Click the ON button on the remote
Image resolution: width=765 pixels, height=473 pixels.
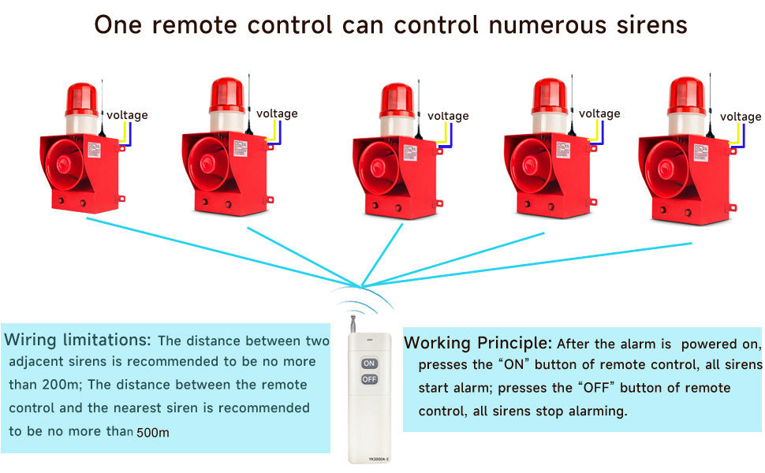click(x=369, y=363)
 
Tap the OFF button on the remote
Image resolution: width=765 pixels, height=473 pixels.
click(x=369, y=379)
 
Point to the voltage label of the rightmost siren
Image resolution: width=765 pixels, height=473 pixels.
click(x=741, y=117)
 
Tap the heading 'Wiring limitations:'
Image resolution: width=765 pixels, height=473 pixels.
click(x=77, y=341)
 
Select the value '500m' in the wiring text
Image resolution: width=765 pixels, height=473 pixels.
click(x=153, y=432)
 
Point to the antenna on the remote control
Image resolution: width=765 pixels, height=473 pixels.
click(x=353, y=324)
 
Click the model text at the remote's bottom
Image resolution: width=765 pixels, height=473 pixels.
click(x=369, y=458)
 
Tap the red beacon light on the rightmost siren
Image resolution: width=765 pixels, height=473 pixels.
click(x=685, y=95)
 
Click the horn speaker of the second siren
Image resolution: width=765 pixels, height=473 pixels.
click(x=208, y=163)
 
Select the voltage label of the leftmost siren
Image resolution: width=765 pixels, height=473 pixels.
click(x=127, y=115)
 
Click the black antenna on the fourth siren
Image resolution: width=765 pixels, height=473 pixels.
click(x=572, y=110)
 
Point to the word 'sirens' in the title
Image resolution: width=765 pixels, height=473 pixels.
click(x=651, y=24)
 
